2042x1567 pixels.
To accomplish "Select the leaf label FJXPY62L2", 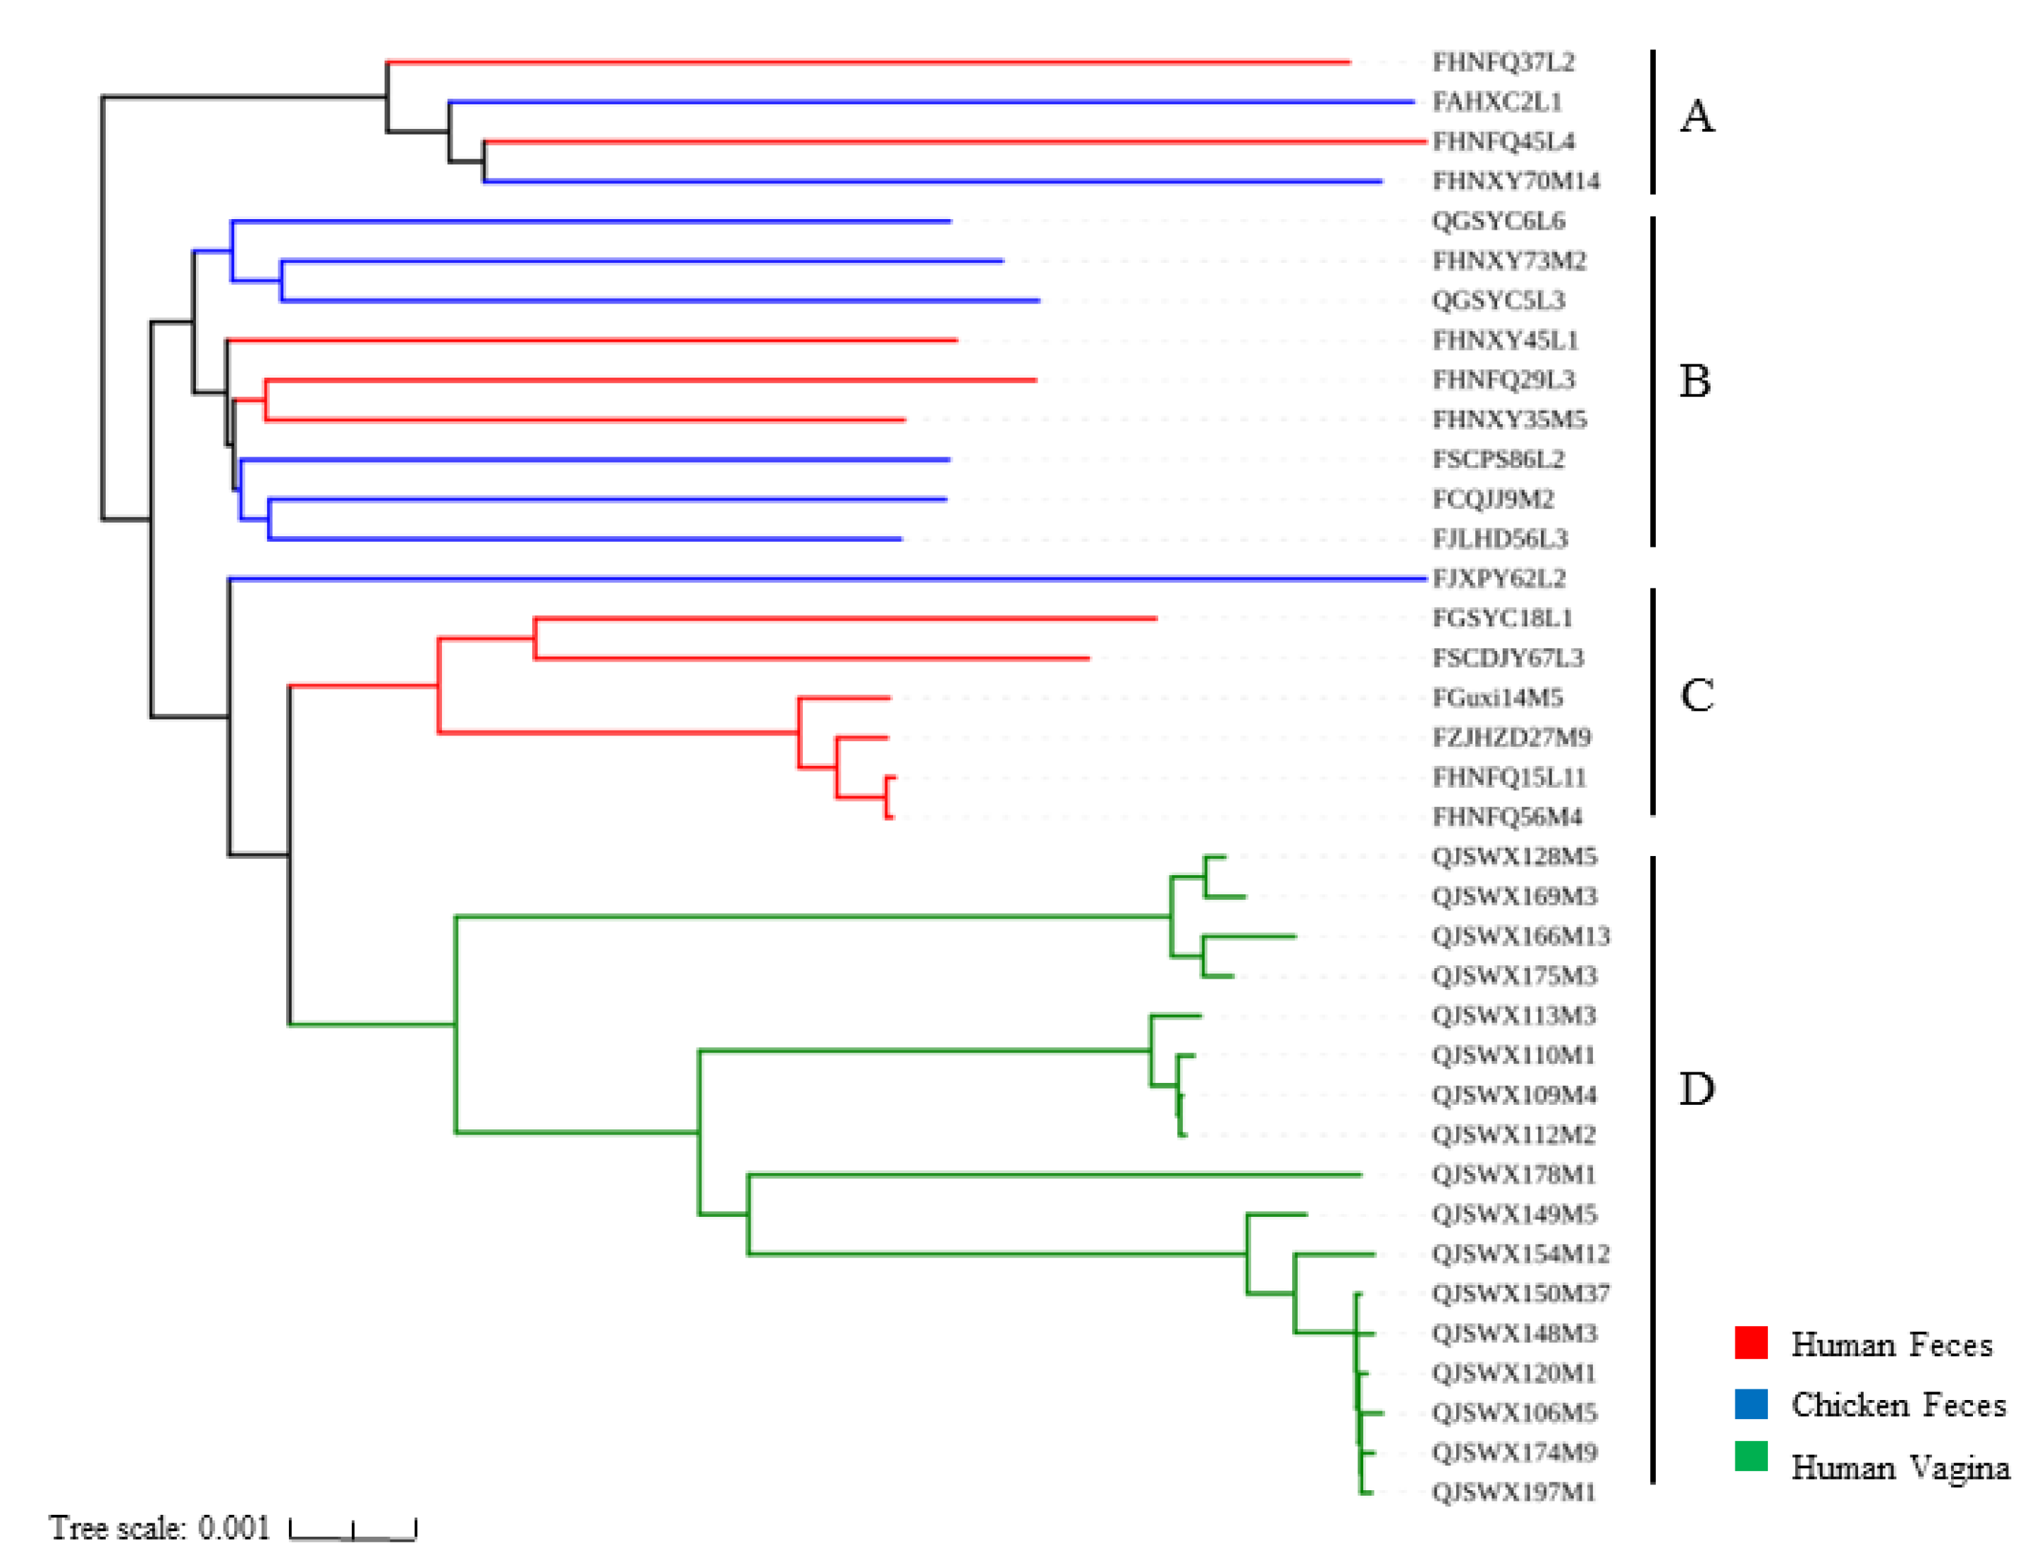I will [x=1498, y=578].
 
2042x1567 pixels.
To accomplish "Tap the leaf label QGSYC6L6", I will [x=1497, y=221].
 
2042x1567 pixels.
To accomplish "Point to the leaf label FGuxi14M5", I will [x=1496, y=698].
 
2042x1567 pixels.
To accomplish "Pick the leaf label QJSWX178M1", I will [x=1513, y=1175].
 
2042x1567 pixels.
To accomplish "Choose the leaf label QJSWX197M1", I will [x=1513, y=1492].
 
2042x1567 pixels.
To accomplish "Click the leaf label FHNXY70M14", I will [x=1515, y=181].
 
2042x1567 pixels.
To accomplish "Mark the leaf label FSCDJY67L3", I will [x=1508, y=659].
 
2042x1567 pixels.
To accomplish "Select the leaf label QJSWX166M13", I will [x=1520, y=936].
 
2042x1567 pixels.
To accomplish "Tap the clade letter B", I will [x=1694, y=381].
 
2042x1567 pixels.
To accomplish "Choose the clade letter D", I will [x=1696, y=1089].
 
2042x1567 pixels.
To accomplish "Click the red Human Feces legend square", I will [x=1750, y=1342].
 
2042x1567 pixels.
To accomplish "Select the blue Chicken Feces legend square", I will [x=1750, y=1404].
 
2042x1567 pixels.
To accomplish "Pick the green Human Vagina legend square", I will [x=1750, y=1456].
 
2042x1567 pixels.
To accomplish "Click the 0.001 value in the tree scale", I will [x=233, y=1528].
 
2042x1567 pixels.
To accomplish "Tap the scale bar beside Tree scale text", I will [x=352, y=1530].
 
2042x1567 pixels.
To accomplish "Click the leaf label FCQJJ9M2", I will [x=1492, y=499].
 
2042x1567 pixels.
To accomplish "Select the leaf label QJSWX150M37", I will [x=1520, y=1294].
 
